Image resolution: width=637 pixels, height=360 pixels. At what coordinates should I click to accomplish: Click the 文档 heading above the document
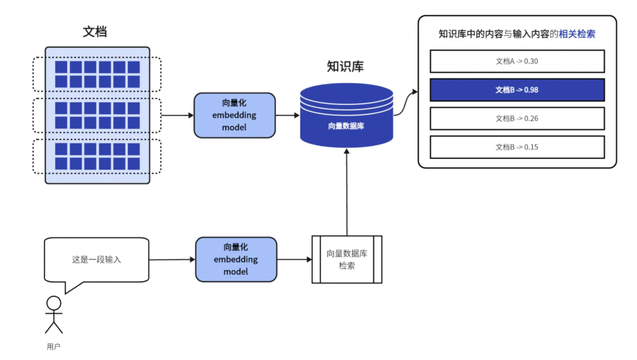(x=94, y=32)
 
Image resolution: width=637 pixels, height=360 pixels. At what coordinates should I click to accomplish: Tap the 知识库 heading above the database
(x=345, y=66)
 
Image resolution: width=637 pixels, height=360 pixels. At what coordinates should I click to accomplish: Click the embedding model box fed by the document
(x=234, y=115)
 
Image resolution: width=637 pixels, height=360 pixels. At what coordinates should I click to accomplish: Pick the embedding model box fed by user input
(x=236, y=259)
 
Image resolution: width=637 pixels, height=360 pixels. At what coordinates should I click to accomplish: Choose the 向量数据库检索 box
(x=347, y=259)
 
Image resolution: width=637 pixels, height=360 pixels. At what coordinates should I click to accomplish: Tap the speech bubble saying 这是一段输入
(x=97, y=260)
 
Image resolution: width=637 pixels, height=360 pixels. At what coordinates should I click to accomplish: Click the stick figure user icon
(x=54, y=314)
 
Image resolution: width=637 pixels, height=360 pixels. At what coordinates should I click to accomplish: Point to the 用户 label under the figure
(x=53, y=347)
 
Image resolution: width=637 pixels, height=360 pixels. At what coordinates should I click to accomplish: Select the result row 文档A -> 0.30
(x=517, y=61)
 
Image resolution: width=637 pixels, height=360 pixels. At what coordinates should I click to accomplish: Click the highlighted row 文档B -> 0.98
(x=517, y=90)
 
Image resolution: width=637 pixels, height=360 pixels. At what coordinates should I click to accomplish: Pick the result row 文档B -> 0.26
(x=517, y=119)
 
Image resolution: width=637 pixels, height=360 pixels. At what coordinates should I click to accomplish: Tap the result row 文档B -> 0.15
(x=517, y=147)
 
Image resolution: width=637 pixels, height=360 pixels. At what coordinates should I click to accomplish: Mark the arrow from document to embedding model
(x=177, y=115)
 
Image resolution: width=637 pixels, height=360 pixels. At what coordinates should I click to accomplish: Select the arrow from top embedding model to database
(x=287, y=115)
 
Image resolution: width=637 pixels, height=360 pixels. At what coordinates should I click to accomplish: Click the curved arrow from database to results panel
(x=405, y=102)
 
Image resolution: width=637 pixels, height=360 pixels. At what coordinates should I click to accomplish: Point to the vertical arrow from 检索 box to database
(x=347, y=192)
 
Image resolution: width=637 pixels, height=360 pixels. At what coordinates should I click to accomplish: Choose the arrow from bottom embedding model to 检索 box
(x=294, y=259)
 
